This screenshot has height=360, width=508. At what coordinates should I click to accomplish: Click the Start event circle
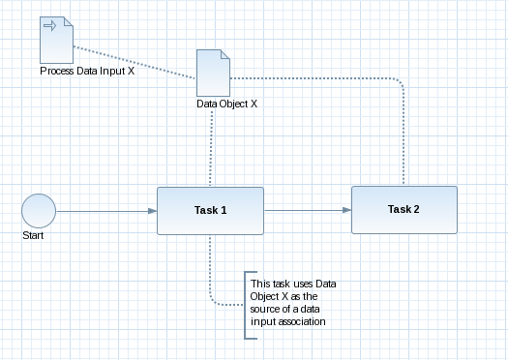[x=39, y=210]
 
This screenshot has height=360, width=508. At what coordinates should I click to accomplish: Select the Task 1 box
[x=210, y=210]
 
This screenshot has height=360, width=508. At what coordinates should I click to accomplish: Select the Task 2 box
[x=403, y=209]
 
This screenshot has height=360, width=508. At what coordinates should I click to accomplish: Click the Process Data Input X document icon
[x=54, y=40]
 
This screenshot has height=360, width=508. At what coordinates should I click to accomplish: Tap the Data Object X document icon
[x=211, y=73]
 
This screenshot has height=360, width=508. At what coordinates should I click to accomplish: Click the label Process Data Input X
[x=86, y=72]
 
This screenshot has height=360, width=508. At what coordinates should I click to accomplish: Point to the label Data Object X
[x=225, y=103]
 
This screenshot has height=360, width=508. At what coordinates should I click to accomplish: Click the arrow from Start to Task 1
[x=106, y=210]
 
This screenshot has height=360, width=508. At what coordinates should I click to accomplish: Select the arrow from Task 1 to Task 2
[x=305, y=210]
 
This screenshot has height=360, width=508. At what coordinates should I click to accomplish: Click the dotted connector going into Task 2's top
[x=403, y=135]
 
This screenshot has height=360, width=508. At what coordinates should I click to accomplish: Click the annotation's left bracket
[x=246, y=304]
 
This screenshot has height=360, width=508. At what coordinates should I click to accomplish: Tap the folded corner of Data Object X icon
[x=220, y=54]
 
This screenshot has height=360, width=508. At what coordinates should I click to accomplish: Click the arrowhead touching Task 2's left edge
[x=346, y=210]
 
